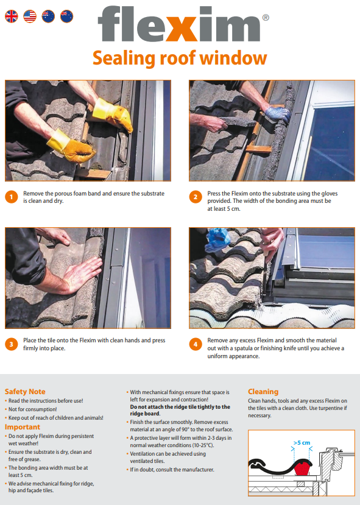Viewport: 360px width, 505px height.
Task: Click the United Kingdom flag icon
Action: coord(12,16)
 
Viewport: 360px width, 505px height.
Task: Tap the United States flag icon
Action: coord(30,16)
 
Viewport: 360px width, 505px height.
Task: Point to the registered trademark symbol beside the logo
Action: coord(266,18)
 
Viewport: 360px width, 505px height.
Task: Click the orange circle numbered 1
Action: coord(12,197)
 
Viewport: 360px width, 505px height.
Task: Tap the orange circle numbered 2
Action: coord(196,197)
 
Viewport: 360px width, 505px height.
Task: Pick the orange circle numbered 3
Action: coord(12,344)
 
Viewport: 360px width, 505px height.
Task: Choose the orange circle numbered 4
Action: coord(196,344)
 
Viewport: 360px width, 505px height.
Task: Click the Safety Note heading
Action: coord(25,392)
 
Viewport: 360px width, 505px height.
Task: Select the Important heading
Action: coord(22,427)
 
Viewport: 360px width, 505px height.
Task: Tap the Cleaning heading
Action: coord(263,392)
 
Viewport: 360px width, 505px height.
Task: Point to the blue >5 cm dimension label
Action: coord(302,443)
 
